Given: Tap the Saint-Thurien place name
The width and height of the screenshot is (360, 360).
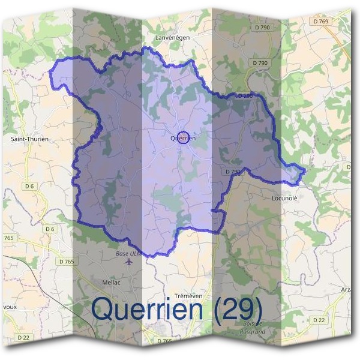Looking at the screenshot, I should tap(29, 139).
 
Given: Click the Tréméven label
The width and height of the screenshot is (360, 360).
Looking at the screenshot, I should tap(186, 296).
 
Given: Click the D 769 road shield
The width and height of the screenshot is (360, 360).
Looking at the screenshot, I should tap(321, 21).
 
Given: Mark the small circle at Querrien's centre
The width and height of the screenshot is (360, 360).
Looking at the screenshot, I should tap(184, 137).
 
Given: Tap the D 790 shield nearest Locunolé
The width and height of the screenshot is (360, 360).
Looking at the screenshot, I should tap(232, 172).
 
